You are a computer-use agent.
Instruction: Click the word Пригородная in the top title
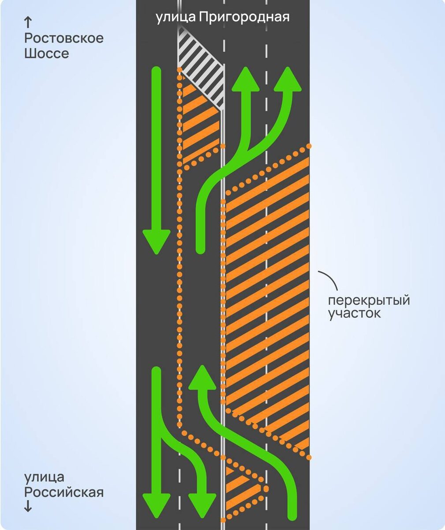tap(244, 18)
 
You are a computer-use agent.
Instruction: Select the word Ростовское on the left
tap(64, 38)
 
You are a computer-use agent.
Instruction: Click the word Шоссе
tap(46, 54)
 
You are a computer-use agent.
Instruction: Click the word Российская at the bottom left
tap(64, 492)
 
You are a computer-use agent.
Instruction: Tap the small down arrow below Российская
tap(28, 507)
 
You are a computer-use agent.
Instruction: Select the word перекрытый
tap(369, 300)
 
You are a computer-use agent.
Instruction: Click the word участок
tap(354, 314)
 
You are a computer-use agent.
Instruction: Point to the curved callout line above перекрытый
tap(330, 278)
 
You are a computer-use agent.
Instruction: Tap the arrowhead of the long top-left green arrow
tap(156, 242)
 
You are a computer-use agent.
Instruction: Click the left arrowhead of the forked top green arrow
tap(246, 80)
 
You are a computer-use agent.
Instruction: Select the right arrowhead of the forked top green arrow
tap(288, 80)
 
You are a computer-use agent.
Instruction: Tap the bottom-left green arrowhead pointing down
tap(156, 505)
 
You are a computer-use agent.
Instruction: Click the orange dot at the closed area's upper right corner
tap(310, 145)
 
